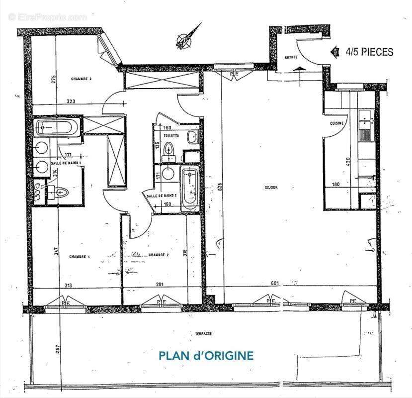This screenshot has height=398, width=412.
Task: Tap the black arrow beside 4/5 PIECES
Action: tap(335, 51)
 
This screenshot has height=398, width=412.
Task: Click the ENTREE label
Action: tap(291, 57)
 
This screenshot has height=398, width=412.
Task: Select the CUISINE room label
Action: tap(337, 123)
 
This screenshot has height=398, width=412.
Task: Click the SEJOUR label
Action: tap(271, 188)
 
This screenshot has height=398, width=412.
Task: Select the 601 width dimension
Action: tap(275, 284)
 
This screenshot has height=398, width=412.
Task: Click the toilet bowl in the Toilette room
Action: tap(169, 149)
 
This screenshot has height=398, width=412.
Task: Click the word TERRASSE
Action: tap(203, 334)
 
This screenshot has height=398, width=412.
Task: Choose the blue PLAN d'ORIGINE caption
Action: tap(206, 356)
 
